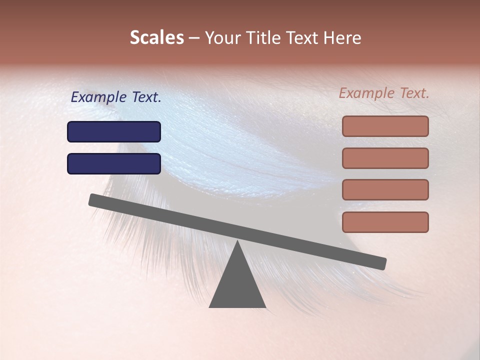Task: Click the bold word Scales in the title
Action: (x=156, y=38)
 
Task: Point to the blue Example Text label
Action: (x=116, y=97)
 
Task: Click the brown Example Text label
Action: (x=384, y=93)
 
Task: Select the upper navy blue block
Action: (x=114, y=131)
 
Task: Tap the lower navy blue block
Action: (x=114, y=163)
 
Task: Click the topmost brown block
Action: (x=385, y=126)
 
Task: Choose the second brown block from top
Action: (x=385, y=158)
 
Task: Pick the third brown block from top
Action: (x=385, y=189)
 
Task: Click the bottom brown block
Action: (x=385, y=222)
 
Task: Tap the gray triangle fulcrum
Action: (x=237, y=285)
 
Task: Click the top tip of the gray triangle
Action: (x=237, y=241)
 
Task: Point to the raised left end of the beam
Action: (x=93, y=199)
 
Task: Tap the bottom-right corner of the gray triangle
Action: (x=265, y=306)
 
